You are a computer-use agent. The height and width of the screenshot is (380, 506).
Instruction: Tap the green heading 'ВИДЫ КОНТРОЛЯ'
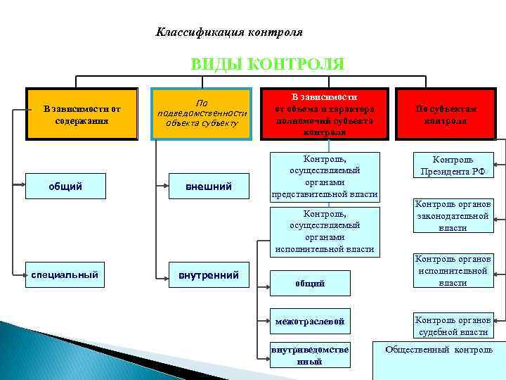point(268,65)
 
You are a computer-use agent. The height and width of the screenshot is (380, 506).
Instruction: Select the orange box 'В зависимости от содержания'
point(82,114)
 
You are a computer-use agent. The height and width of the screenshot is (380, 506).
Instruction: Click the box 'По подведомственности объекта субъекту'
point(202,114)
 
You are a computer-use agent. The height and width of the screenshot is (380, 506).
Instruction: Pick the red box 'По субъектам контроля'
point(446,114)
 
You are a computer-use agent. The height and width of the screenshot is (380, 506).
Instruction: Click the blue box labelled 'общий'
point(65,186)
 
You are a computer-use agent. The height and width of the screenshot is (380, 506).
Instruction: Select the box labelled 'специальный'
point(64,274)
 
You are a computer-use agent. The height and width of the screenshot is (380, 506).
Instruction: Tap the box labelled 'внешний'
point(202,186)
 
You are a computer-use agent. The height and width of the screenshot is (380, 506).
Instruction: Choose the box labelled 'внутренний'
point(202,274)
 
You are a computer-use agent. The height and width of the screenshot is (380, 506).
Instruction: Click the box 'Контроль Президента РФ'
point(453,165)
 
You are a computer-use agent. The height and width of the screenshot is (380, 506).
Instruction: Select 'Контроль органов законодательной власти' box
point(453,215)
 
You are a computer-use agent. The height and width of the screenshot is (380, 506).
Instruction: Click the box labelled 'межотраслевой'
point(310,322)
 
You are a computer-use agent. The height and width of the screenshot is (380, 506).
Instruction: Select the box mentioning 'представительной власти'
point(325,177)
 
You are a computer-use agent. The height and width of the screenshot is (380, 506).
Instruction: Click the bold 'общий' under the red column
point(310,284)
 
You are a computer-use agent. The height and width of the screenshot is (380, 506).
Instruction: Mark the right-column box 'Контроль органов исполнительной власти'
point(453,271)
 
